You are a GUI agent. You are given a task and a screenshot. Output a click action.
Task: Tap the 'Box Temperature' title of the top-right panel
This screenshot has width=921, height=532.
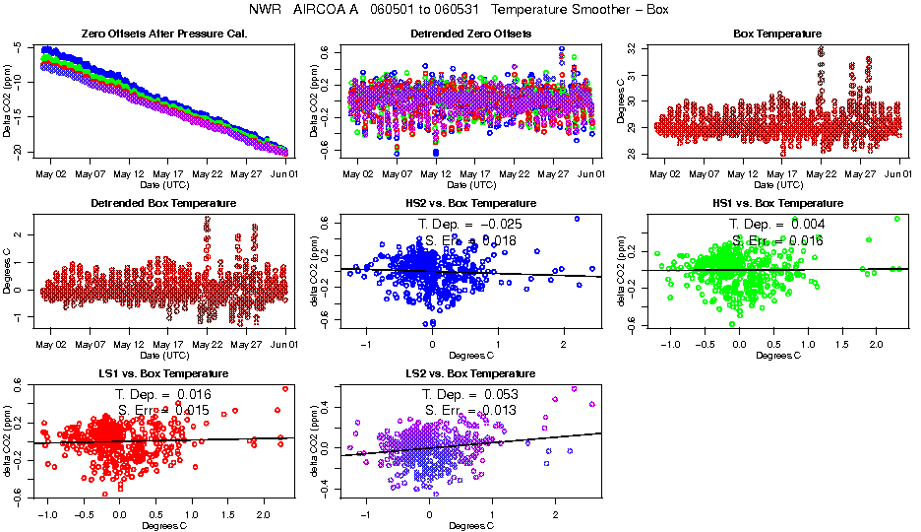[x=777, y=33]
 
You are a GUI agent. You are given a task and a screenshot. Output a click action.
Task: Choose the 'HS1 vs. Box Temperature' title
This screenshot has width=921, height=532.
[x=777, y=203]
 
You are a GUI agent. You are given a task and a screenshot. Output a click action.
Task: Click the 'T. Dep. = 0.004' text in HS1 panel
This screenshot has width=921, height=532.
[x=777, y=224]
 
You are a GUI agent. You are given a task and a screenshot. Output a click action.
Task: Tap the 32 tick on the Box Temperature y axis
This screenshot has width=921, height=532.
[x=636, y=47]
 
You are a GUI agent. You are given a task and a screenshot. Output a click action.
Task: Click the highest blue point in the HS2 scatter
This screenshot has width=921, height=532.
[x=577, y=219]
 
